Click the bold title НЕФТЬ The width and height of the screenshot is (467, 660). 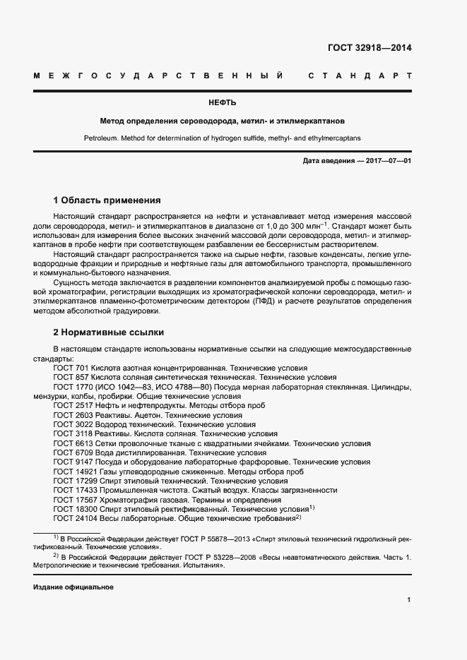coord(232,103)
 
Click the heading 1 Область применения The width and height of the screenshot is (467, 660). coord(107,200)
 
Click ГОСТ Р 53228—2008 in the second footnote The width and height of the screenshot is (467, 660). coord(219,557)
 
